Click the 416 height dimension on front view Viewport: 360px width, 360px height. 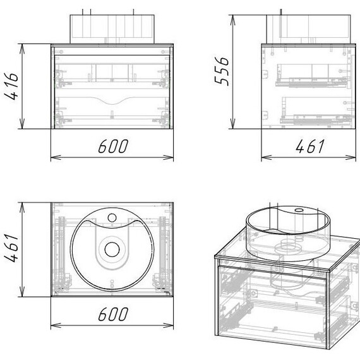click(x=11, y=86)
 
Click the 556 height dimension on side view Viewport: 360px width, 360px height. click(x=222, y=71)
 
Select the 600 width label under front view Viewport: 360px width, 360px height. click(x=113, y=146)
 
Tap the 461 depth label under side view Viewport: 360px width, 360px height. click(x=310, y=146)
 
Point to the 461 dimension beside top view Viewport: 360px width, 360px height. click(x=11, y=248)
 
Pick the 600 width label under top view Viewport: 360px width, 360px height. click(x=113, y=314)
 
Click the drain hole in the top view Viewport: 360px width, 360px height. click(x=112, y=249)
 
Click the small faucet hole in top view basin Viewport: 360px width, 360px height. click(x=112, y=218)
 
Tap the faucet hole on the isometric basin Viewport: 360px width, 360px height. click(x=299, y=210)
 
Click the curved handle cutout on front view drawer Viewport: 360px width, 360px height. click(x=112, y=100)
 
